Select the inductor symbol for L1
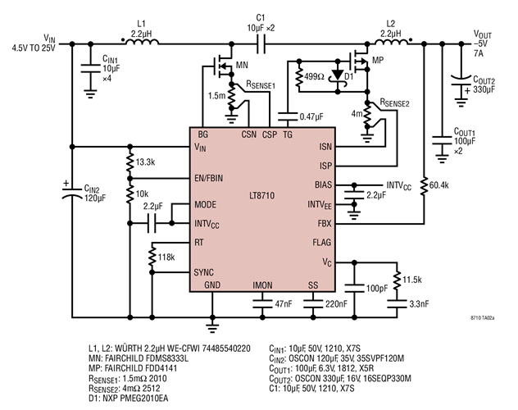135,39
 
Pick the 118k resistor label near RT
167,257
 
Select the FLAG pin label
320,243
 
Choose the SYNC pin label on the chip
205,271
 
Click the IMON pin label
262,285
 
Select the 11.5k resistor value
414,280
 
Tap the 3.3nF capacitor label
415,303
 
